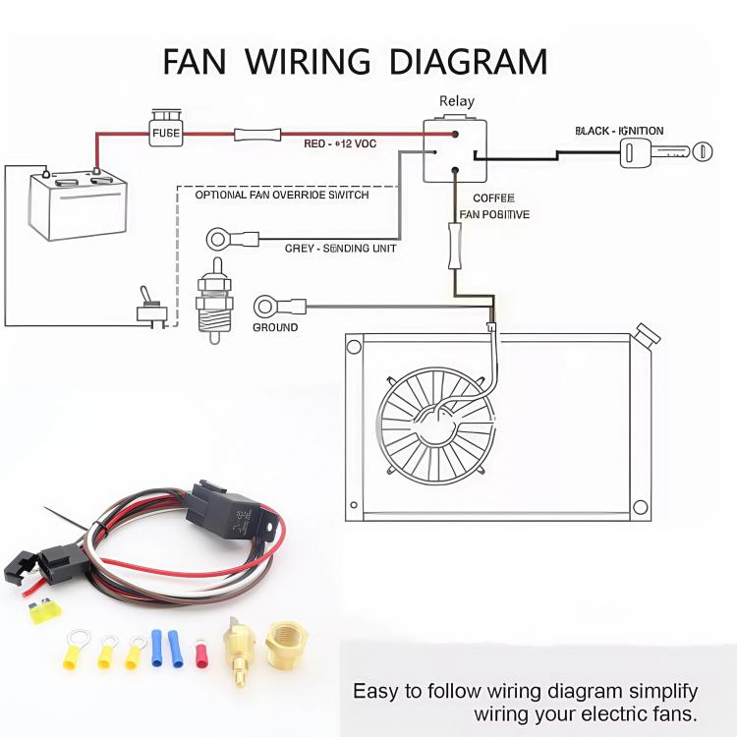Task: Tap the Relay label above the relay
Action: coord(456,100)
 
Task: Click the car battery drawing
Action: coord(78,203)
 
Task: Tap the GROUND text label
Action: coord(275,327)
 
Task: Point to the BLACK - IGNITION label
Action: coord(619,131)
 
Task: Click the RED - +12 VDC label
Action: coord(340,144)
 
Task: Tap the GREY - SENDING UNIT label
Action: coord(340,249)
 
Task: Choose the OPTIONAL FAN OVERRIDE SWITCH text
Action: coord(282,195)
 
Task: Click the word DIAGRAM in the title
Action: coord(468,62)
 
